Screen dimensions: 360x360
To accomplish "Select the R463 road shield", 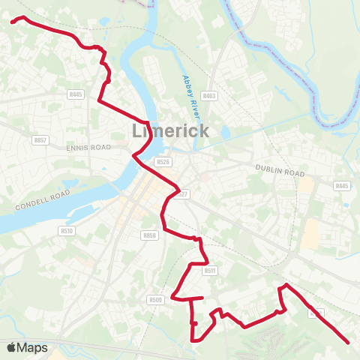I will click(209, 95).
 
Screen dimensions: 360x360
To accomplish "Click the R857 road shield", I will click(40, 140).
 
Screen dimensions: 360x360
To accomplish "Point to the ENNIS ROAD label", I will click(88, 148).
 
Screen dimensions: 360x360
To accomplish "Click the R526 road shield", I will click(163, 161).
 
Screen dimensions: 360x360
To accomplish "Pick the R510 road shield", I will click(66, 231).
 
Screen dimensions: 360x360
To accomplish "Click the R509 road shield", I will click(155, 300).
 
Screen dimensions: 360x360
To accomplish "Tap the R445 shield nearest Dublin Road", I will click(342, 185).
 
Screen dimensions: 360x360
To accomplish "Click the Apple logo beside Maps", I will click(11, 347).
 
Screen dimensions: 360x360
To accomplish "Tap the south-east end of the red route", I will click(349, 343).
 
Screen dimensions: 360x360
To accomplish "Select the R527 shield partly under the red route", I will click(180, 194).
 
